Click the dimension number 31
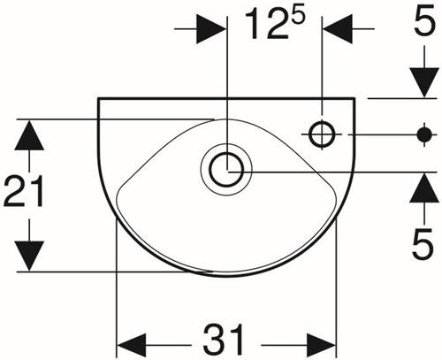click(x=225, y=340)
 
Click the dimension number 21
click(x=24, y=190)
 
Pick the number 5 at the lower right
click(x=423, y=243)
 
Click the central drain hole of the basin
click(x=226, y=169)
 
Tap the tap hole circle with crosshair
click(x=322, y=134)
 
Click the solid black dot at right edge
click(x=424, y=134)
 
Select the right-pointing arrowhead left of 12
click(x=211, y=29)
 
